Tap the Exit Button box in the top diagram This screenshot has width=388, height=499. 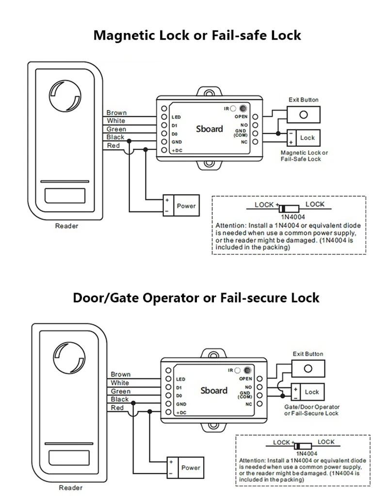[x=304, y=115]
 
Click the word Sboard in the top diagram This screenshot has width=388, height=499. [x=210, y=129]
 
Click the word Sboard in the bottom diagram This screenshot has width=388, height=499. [x=214, y=390]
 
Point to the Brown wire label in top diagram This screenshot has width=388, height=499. [x=116, y=112]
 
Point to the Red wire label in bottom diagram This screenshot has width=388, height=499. [x=117, y=408]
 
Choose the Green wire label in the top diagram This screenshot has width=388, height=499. [x=116, y=129]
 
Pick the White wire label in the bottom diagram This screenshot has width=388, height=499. [x=120, y=383]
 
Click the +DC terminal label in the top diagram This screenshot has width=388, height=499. [x=177, y=151]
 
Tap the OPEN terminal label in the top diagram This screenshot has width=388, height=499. [x=241, y=117]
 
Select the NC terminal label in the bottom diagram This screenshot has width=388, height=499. [x=249, y=404]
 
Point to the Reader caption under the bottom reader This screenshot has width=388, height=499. [x=70, y=488]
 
